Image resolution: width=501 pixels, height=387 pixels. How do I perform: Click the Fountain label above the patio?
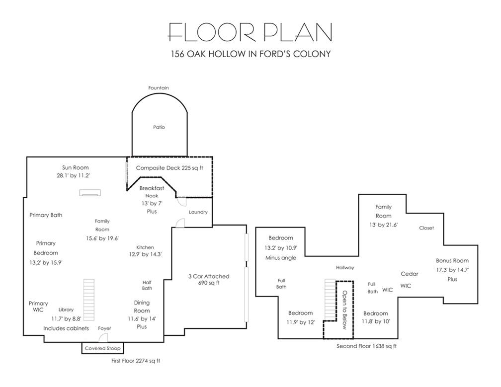point(159,88)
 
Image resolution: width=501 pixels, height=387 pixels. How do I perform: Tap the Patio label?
point(159,127)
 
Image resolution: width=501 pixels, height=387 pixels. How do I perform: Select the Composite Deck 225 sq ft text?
point(169,168)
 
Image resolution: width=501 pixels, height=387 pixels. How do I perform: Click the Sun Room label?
point(76,167)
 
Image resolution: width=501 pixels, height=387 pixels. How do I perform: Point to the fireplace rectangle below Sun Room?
point(90,193)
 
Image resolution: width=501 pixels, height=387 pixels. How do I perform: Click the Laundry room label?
point(198,212)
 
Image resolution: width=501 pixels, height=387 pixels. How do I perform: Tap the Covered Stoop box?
point(102,348)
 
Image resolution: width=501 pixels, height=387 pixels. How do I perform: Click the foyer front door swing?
point(102,337)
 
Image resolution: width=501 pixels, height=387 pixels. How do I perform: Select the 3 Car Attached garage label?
point(209,277)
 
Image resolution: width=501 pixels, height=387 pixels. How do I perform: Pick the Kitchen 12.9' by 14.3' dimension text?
point(145,254)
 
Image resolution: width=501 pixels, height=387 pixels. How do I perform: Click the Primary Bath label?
point(46,215)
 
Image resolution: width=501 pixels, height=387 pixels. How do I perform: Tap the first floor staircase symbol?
point(89,300)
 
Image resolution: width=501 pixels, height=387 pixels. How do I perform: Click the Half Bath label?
point(147,285)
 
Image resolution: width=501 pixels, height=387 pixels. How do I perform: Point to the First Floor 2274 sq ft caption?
point(136,361)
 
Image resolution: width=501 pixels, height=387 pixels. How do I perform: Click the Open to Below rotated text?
point(344,310)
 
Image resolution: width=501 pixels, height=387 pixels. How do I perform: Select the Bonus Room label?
point(452,260)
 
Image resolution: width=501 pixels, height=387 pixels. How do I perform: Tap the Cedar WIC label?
point(408,280)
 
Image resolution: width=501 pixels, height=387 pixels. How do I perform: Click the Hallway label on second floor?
point(345,268)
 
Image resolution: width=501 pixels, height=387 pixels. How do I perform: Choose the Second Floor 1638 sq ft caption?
point(366,346)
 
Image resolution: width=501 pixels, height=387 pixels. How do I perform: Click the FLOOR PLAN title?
point(250,32)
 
